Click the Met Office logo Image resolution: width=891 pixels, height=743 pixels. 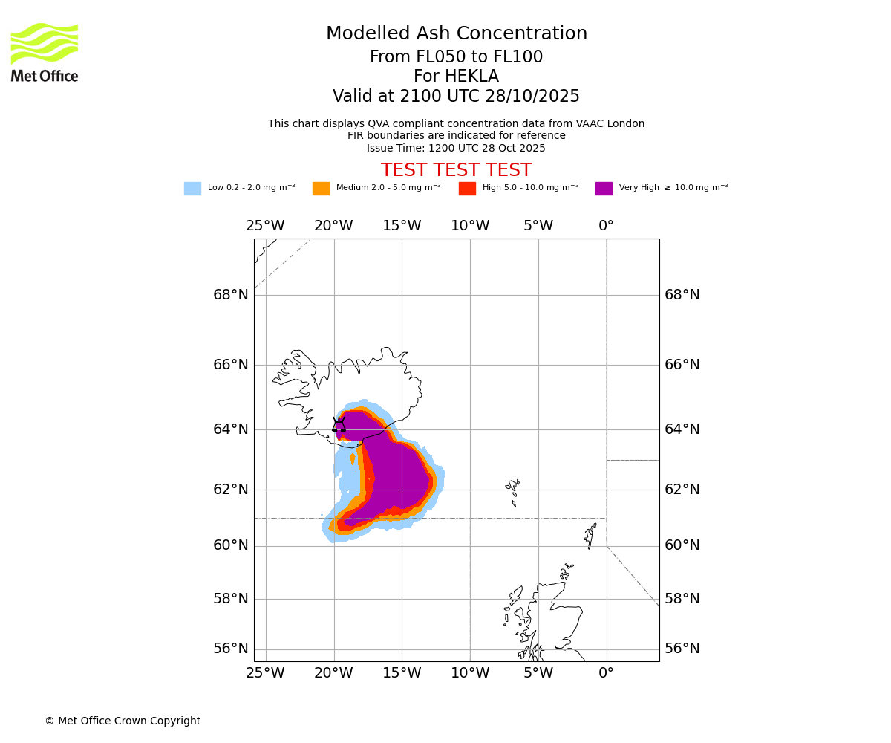tap(45, 52)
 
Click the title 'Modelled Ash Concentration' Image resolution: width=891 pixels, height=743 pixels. tap(456, 34)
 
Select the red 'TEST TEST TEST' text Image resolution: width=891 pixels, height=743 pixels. tap(456, 170)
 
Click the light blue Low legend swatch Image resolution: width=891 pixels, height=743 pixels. tap(192, 189)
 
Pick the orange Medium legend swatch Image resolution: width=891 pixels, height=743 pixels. tap(321, 189)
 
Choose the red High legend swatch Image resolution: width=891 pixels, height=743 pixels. tap(467, 189)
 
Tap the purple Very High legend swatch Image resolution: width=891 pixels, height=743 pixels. tap(604, 189)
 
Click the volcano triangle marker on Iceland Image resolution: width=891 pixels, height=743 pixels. tap(339, 425)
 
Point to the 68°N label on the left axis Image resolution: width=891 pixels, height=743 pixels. tap(231, 295)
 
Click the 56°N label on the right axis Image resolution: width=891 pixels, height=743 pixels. tap(682, 649)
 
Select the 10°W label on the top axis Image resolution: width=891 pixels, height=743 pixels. tap(470, 226)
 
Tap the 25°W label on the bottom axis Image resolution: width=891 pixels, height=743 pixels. tap(265, 673)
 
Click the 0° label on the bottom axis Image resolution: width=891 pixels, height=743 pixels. tap(606, 673)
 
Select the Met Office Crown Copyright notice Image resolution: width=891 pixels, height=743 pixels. tap(123, 721)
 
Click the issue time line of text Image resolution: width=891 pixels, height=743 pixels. tap(456, 148)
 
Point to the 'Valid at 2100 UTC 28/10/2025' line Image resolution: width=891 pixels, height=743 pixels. tap(456, 97)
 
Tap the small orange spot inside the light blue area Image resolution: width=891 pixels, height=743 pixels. tap(352, 459)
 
